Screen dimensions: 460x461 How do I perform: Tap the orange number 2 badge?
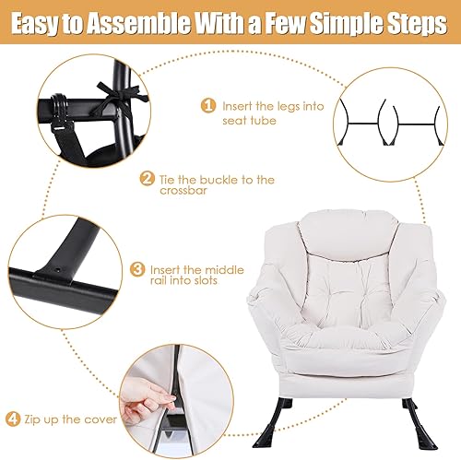point(146,179)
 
